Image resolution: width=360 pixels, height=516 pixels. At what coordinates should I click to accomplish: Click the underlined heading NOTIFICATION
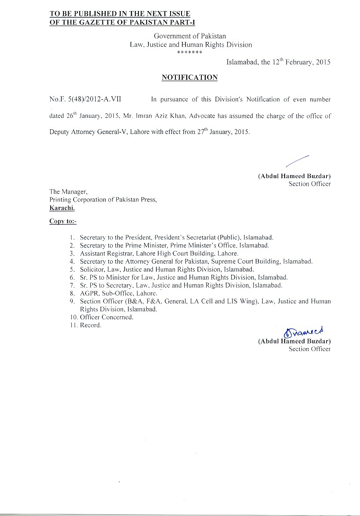point(189,78)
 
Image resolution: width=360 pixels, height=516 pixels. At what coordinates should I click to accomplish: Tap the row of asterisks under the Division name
point(189,52)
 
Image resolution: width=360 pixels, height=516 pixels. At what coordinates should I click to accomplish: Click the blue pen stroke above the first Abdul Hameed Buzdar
point(297,161)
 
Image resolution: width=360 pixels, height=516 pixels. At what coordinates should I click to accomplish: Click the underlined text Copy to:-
point(63,221)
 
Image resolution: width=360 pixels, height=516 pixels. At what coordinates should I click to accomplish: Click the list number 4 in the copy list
point(72,261)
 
